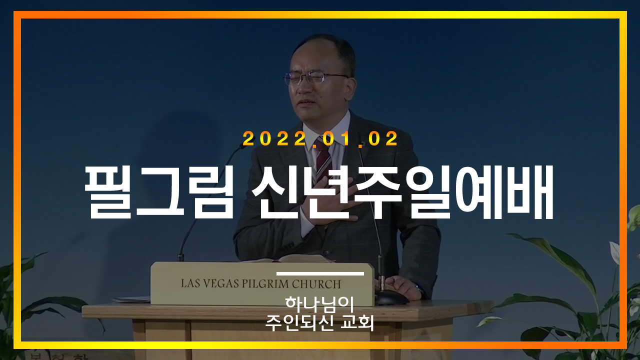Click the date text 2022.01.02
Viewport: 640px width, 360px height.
(x=320, y=138)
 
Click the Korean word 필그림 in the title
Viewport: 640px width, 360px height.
(x=159, y=192)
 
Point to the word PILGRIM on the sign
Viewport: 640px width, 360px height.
(x=265, y=283)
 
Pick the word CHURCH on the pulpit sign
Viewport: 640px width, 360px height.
(x=316, y=284)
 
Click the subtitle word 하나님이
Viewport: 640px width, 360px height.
(x=319, y=304)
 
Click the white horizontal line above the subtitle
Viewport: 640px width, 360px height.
(x=320, y=273)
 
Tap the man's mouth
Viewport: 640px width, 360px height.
(x=307, y=102)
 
